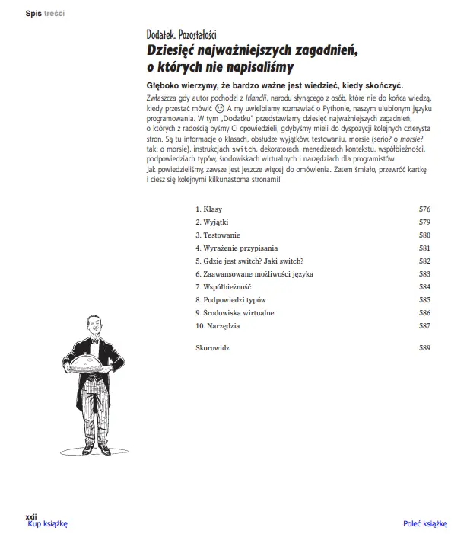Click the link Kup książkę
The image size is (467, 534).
[x=47, y=523]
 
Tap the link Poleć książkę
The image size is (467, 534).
[x=424, y=523]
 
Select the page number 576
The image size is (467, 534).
[x=424, y=209]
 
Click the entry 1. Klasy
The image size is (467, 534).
[x=208, y=209]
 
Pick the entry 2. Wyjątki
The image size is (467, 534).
[x=212, y=222]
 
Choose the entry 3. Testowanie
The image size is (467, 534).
[x=218, y=235]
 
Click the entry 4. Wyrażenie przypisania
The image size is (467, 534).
[x=237, y=248]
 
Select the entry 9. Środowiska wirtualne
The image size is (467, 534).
[x=234, y=312]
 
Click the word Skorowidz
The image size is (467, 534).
[x=212, y=348]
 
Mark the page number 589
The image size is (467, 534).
[x=424, y=348]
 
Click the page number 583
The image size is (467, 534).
[x=424, y=273]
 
